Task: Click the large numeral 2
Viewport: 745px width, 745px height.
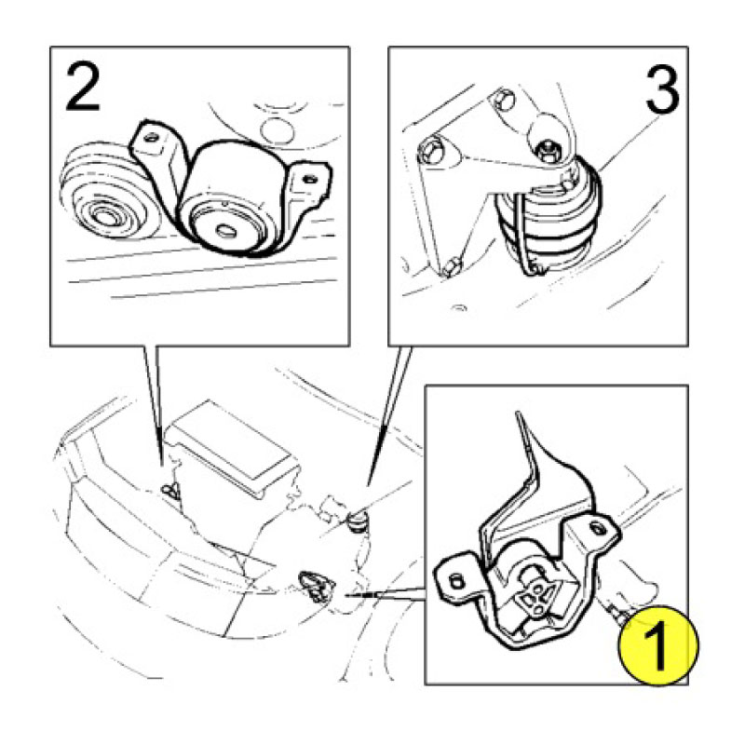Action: pos(83,87)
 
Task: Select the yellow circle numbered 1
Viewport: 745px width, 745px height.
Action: pos(658,645)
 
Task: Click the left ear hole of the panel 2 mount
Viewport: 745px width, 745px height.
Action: pos(152,138)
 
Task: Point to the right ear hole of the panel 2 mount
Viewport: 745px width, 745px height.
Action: pos(311,179)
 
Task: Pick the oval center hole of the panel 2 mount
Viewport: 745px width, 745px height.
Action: pos(224,231)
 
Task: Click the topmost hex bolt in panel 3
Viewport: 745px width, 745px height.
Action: pos(504,100)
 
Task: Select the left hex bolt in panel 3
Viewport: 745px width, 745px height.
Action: pos(430,150)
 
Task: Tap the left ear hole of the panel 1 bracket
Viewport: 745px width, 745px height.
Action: pos(455,580)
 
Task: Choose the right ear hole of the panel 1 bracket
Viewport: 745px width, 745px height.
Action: pos(596,526)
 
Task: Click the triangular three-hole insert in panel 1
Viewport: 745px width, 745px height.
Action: pos(535,594)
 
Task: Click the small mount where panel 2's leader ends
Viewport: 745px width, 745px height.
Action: pos(169,491)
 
